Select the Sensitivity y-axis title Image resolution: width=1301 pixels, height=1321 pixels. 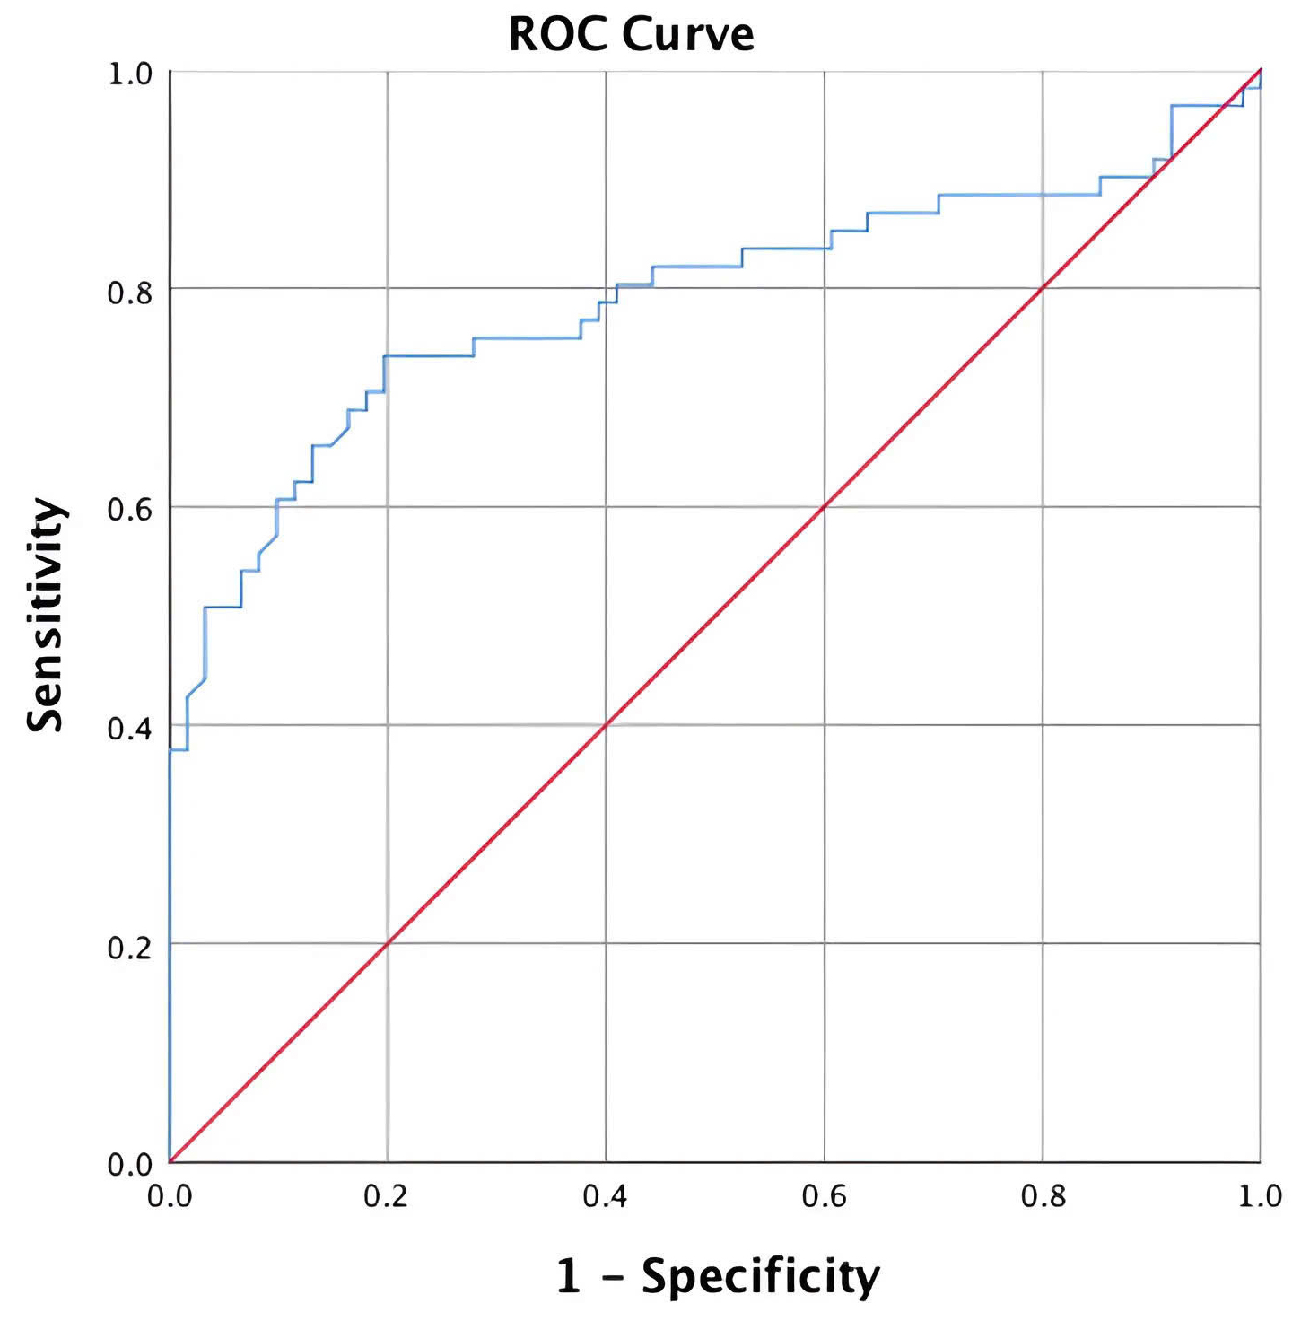(x=45, y=616)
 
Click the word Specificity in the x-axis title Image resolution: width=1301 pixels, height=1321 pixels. (x=761, y=1276)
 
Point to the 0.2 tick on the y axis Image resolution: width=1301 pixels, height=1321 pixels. (x=130, y=946)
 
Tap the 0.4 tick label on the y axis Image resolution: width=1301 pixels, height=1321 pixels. (x=130, y=728)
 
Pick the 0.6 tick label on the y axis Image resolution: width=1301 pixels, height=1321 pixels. (x=130, y=509)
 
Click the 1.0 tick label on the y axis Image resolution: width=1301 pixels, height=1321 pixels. (x=130, y=73)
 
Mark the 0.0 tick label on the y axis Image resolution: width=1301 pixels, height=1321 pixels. (x=130, y=1164)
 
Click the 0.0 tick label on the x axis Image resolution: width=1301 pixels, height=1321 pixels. (x=170, y=1195)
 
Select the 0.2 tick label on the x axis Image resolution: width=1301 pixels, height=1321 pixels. (x=387, y=1195)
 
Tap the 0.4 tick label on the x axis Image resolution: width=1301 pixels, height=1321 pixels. (x=606, y=1195)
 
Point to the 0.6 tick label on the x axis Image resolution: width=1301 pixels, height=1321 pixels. (x=825, y=1195)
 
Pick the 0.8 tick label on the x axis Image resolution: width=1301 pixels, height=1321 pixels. (x=1043, y=1195)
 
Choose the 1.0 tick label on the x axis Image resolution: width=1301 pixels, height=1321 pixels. (x=1261, y=1195)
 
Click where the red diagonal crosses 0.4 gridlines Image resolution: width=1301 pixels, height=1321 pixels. (x=606, y=724)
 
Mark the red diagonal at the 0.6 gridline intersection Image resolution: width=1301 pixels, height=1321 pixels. (x=825, y=506)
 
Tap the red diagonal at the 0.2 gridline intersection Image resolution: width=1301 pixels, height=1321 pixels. (x=388, y=943)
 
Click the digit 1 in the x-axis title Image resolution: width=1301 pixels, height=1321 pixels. (x=569, y=1276)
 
